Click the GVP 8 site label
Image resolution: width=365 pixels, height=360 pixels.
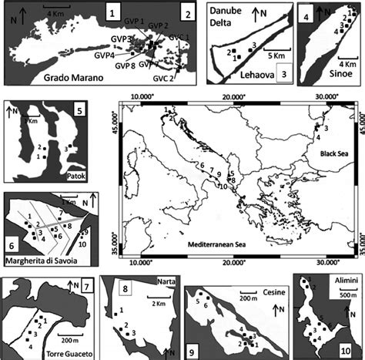pos(125,66)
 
